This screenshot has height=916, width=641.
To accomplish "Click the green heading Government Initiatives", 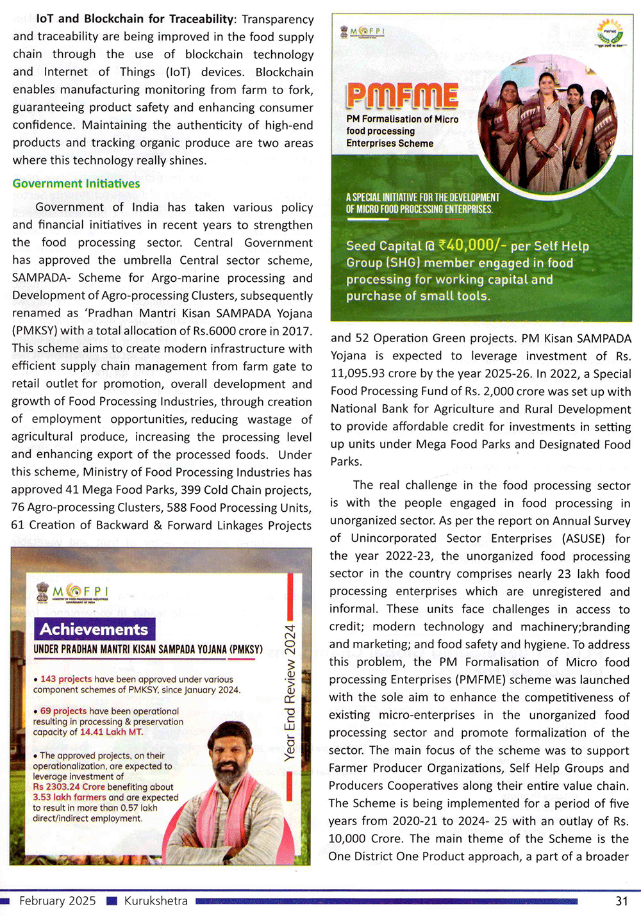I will click(76, 184).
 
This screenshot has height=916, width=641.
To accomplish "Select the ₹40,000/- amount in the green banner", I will click(469, 244).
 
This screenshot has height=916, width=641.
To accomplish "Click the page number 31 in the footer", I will click(621, 901).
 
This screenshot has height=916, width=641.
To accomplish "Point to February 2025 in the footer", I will click(57, 901).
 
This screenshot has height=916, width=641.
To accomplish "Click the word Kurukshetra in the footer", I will click(156, 901).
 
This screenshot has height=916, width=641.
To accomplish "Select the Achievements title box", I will click(94, 629).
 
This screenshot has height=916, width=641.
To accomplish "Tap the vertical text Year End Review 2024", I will click(290, 692).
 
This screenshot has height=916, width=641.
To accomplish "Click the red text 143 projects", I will click(66, 679).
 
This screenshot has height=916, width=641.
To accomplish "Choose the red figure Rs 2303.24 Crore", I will click(69, 787).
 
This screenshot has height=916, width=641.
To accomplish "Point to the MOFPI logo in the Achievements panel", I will click(72, 593).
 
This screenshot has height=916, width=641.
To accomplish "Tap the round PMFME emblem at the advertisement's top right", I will click(610, 33).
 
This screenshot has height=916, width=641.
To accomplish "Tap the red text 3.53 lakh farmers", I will click(69, 797).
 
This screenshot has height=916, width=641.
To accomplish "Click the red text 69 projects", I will click(63, 711).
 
